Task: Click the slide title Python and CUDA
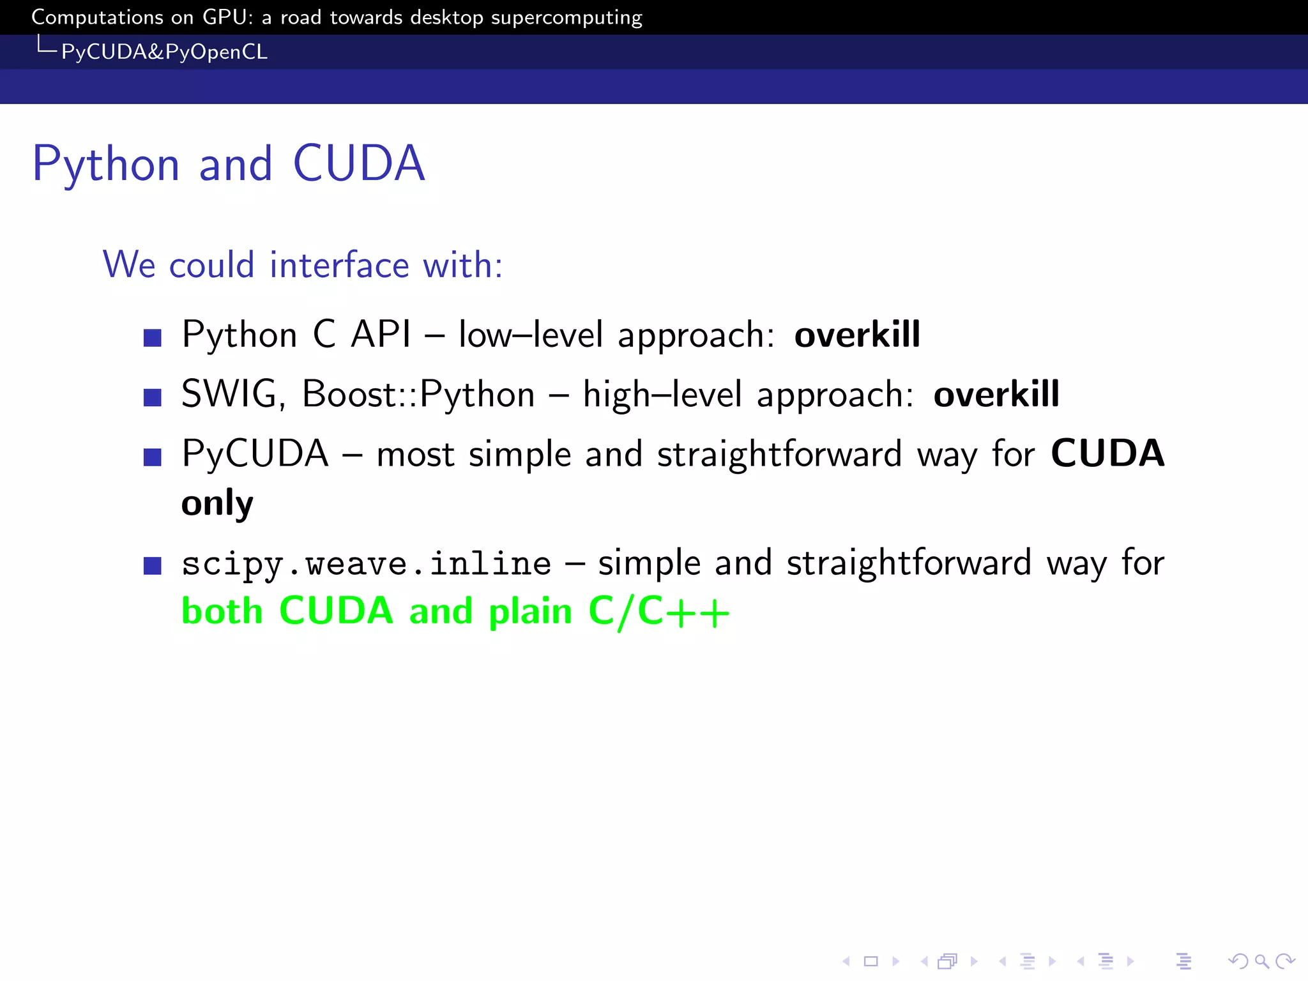click(228, 164)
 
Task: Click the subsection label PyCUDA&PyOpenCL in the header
click(164, 52)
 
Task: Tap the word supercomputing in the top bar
click(566, 18)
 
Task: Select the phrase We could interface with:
click(303, 264)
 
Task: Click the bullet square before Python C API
click(153, 337)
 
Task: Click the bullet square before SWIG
click(153, 397)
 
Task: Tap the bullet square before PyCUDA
click(153, 457)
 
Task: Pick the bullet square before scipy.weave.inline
click(153, 566)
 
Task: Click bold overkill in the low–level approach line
click(857, 335)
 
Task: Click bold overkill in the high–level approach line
click(996, 394)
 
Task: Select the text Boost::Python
click(418, 394)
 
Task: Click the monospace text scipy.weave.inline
click(366, 565)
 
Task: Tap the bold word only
click(217, 504)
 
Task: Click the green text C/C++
click(658, 611)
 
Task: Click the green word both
click(222, 611)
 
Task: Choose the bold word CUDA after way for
click(1107, 453)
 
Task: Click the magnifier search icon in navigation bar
click(1261, 961)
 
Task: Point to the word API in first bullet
click(381, 335)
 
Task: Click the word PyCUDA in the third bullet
click(255, 454)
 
